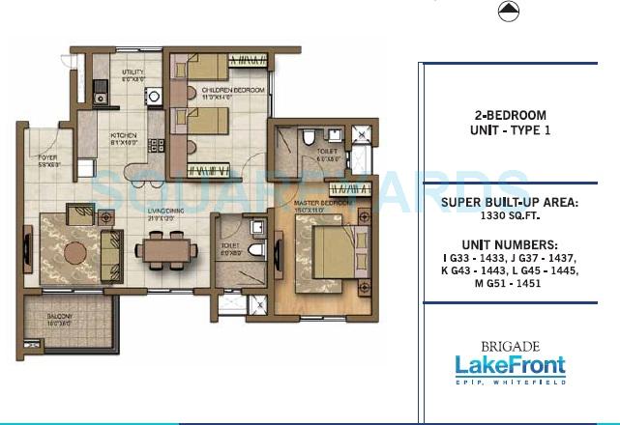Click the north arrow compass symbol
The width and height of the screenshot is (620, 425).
pyautogui.click(x=507, y=12)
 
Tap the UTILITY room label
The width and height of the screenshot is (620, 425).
pyautogui.click(x=132, y=75)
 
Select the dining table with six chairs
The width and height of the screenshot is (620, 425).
pyautogui.click(x=166, y=250)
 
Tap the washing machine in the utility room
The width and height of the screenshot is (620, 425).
pyautogui.click(x=153, y=95)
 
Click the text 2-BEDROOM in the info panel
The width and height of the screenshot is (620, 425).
pyautogui.click(x=511, y=115)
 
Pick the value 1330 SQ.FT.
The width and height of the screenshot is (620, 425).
pyautogui.click(x=511, y=218)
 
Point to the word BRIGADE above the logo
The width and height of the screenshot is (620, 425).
pyautogui.click(x=510, y=344)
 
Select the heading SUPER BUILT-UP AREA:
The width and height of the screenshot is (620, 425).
pyautogui.click(x=511, y=203)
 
